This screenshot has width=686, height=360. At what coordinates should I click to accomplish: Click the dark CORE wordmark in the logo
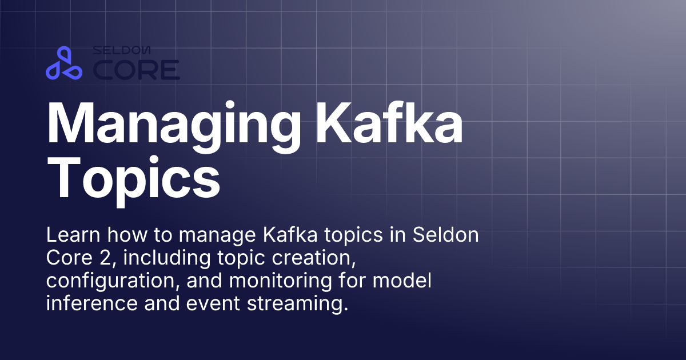(x=136, y=70)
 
